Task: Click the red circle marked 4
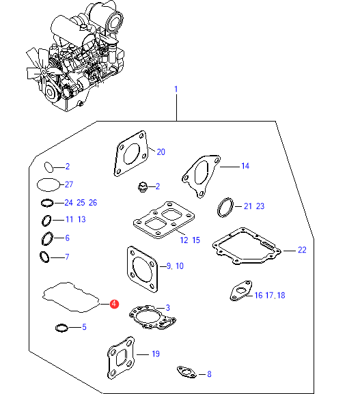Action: (114, 304)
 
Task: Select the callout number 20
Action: (161, 152)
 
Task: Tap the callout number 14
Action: (245, 166)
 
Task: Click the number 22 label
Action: (302, 250)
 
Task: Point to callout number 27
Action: (69, 184)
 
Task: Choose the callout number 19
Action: (156, 354)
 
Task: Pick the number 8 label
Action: (209, 374)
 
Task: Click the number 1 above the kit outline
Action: (176, 89)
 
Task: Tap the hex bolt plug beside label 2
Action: (143, 187)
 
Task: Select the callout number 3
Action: (167, 307)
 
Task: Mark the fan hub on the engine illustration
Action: (44, 73)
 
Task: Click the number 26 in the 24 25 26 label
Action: (93, 203)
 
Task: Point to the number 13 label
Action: (81, 219)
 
